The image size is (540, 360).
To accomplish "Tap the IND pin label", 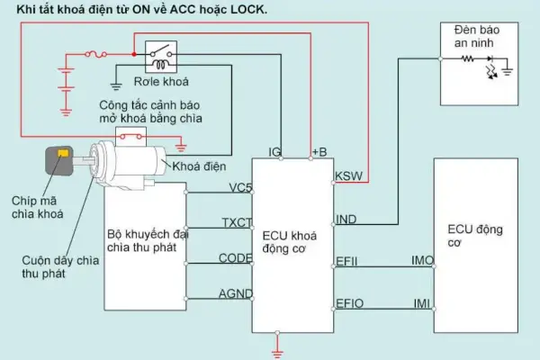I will click(x=346, y=220).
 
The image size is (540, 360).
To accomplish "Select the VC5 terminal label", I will click(x=239, y=188).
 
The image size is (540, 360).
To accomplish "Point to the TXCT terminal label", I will click(x=236, y=222).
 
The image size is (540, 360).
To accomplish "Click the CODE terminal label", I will click(x=235, y=258).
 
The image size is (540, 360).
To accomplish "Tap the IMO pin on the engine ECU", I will click(x=422, y=261).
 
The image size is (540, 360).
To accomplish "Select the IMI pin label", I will click(x=421, y=303).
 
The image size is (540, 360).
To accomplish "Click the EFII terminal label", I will click(x=347, y=261).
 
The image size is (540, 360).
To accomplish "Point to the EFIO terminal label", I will click(x=349, y=303).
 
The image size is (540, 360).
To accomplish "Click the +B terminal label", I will click(x=319, y=150).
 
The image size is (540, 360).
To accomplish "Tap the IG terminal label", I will click(x=276, y=150).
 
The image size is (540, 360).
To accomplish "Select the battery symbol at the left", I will click(x=64, y=80).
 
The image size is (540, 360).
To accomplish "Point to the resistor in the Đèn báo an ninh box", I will click(x=468, y=58).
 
